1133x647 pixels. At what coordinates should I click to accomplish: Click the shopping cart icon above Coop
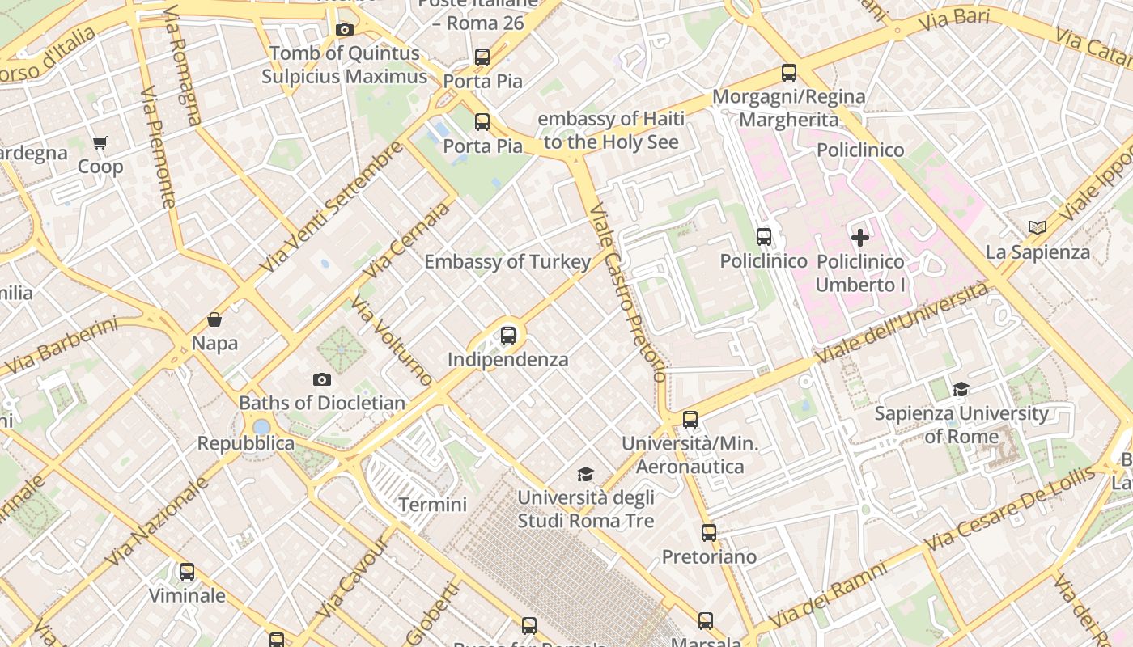(100, 143)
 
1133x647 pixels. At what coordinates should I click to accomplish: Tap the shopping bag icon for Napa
(214, 319)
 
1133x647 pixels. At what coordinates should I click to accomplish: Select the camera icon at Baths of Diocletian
(322, 379)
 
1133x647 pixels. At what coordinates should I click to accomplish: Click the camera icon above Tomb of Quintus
(344, 30)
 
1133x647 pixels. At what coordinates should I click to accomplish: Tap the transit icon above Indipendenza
(508, 335)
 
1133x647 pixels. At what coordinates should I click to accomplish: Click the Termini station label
(432, 505)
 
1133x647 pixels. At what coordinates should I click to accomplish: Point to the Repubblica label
(246, 443)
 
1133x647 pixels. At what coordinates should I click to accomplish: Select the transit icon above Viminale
(187, 572)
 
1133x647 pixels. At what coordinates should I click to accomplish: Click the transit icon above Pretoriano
(709, 533)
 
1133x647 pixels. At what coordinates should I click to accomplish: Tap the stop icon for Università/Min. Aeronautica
(690, 420)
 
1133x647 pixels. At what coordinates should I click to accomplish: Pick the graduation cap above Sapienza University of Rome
(961, 390)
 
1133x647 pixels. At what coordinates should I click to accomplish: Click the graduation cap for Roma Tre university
(585, 474)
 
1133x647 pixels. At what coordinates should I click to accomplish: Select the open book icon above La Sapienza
(1038, 228)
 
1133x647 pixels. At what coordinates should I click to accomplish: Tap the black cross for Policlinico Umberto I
(860, 238)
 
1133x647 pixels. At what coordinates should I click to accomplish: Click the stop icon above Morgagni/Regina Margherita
(789, 73)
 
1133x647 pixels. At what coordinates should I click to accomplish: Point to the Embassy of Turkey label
(507, 262)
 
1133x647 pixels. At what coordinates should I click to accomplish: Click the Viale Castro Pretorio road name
(628, 293)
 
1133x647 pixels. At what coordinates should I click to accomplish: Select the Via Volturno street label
(392, 340)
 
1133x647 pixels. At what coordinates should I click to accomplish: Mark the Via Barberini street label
(61, 346)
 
